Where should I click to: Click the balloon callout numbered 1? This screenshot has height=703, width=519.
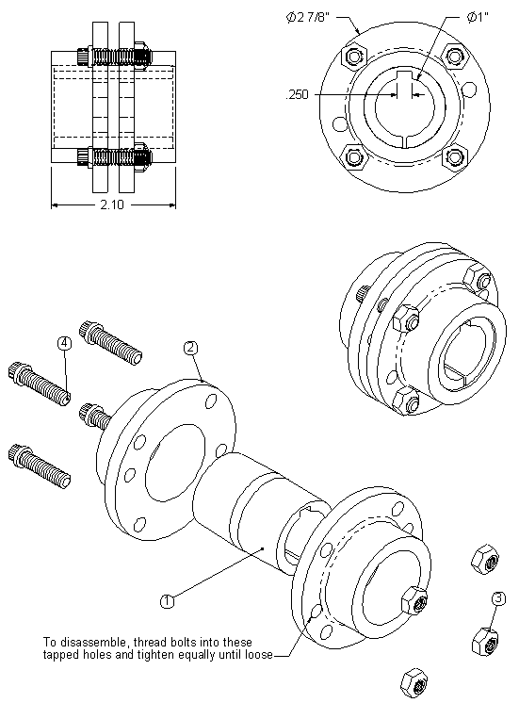tap(167, 598)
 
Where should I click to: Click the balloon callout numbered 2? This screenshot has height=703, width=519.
tap(190, 348)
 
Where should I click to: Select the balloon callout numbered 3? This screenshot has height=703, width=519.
tap(497, 597)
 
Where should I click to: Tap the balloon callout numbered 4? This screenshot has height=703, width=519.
tap(64, 343)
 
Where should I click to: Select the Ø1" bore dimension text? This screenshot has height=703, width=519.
tap(478, 17)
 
